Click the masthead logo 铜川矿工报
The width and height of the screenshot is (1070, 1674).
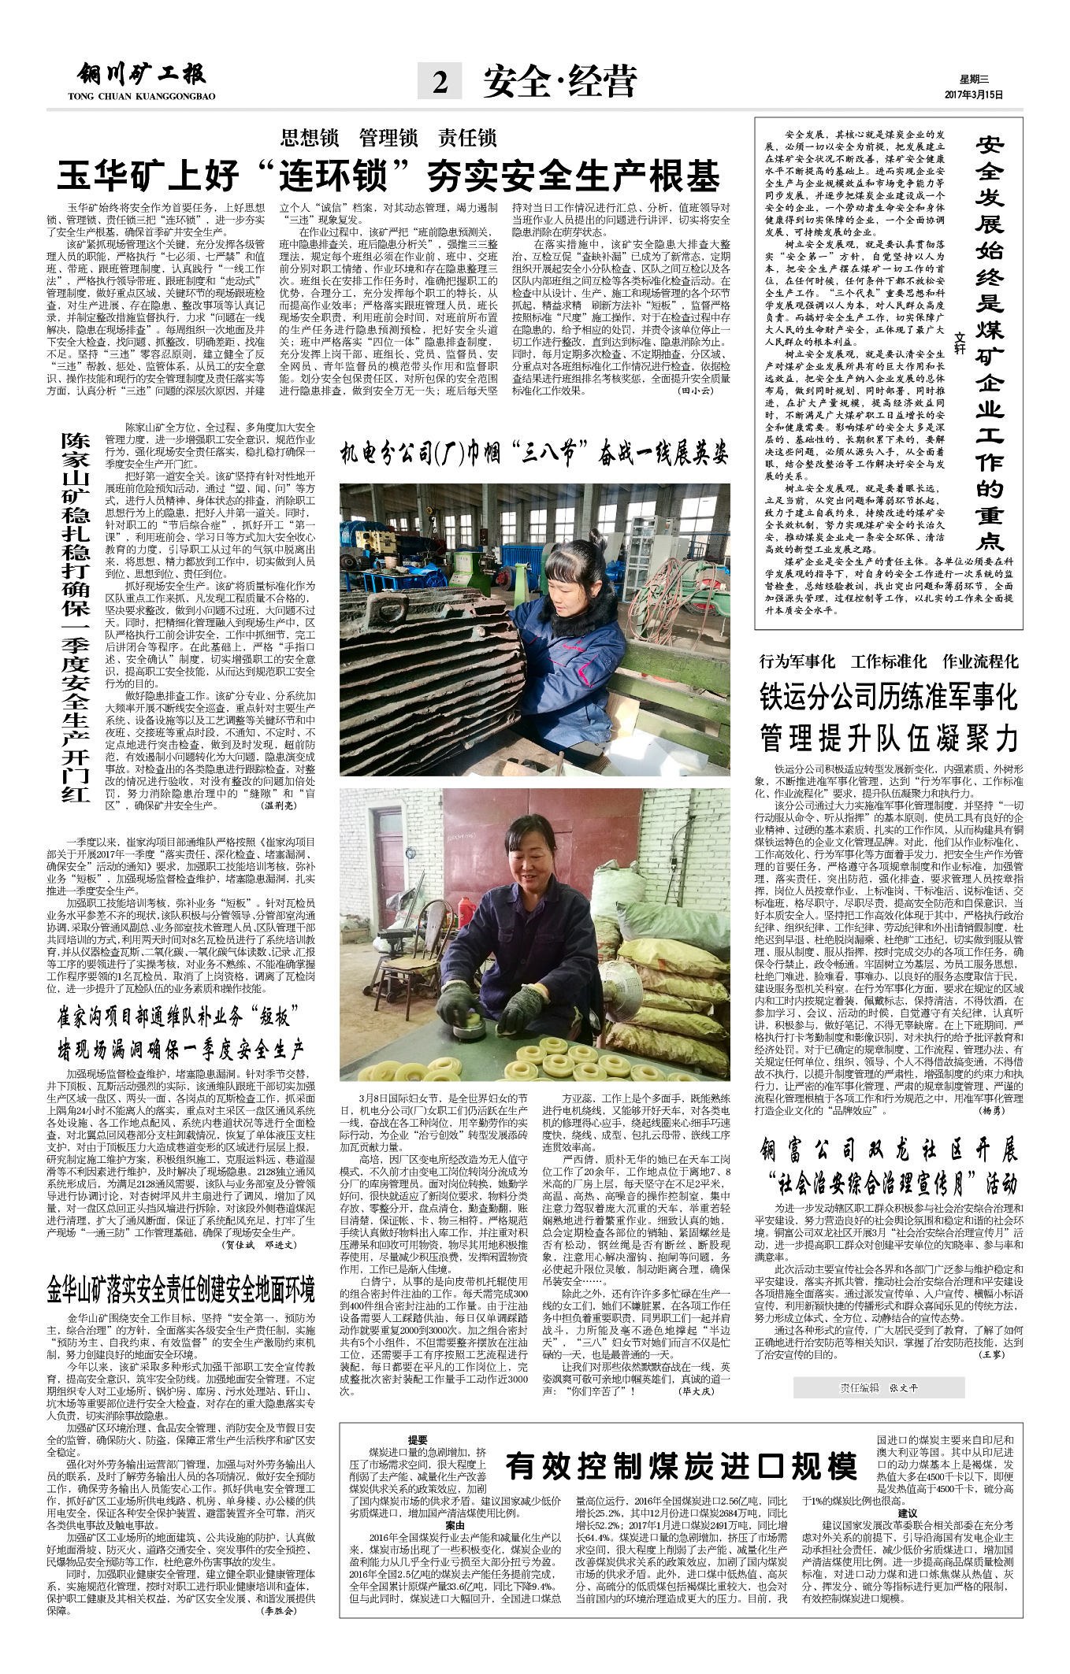[x=142, y=75]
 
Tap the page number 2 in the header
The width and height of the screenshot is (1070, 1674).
[x=440, y=81]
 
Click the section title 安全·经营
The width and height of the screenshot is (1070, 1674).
[x=559, y=81]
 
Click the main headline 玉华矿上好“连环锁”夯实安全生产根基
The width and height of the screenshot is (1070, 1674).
[x=388, y=176]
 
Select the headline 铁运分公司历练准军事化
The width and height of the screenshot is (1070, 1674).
[x=888, y=698]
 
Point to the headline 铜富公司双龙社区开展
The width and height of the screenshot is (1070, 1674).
[x=888, y=1151]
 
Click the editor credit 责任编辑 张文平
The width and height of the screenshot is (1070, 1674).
[x=879, y=1388]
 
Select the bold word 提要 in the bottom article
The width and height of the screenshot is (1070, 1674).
[x=418, y=1440]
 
